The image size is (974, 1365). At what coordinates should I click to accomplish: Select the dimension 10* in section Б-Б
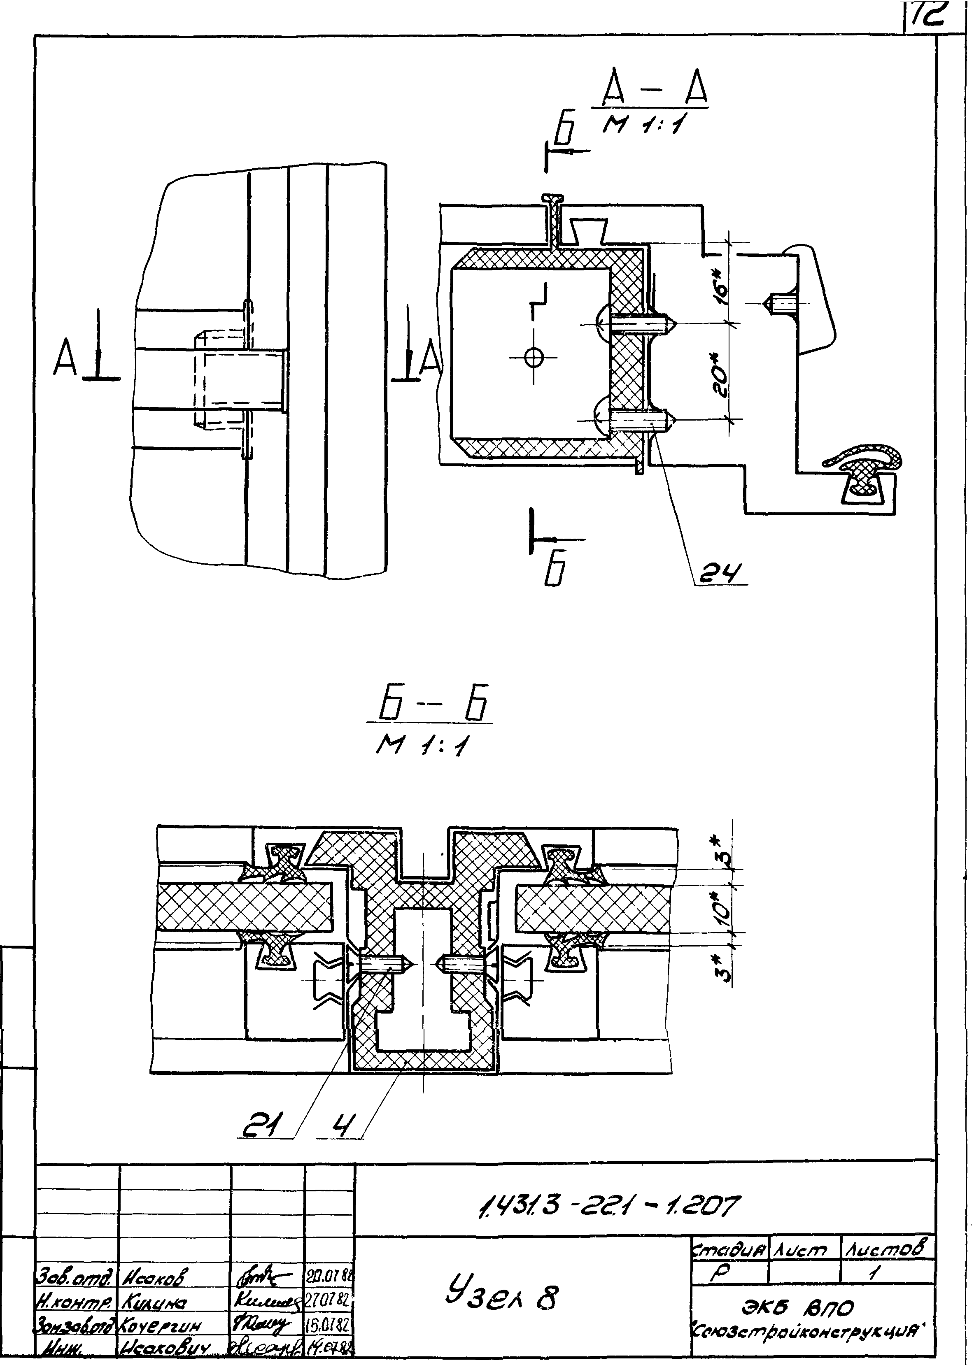(x=723, y=911)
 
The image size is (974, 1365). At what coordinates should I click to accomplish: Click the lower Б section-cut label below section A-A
(x=550, y=572)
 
